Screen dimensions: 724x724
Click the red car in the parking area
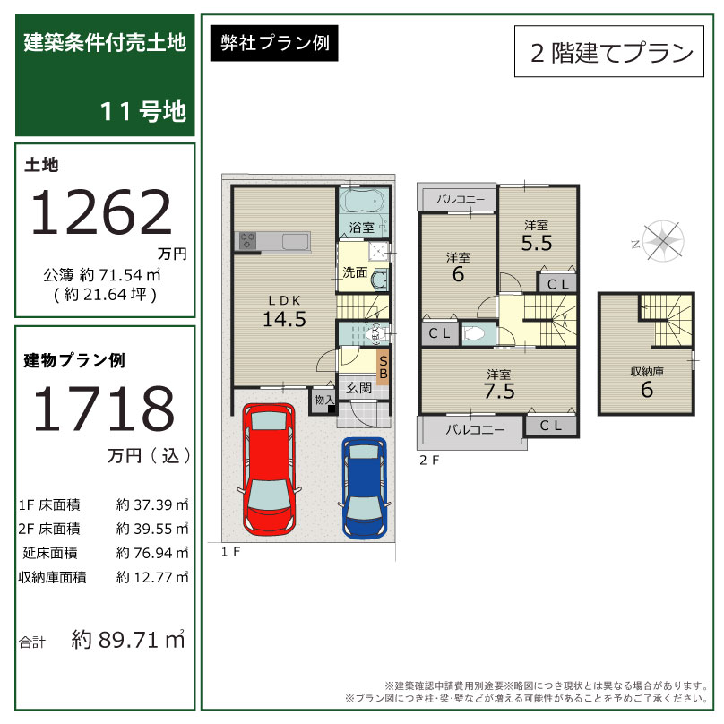click(x=268, y=470)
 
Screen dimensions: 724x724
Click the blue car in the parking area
click(x=365, y=488)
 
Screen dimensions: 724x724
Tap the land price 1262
click(x=101, y=212)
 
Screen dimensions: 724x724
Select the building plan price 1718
click(x=104, y=409)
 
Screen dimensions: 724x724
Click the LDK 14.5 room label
click(x=284, y=313)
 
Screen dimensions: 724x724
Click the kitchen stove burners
click(x=247, y=240)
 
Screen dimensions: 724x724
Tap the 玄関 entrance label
click(x=358, y=388)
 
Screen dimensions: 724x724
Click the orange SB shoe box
click(x=383, y=367)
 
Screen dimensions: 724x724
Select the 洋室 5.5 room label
click(x=537, y=236)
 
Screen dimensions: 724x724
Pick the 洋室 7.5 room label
click(x=499, y=384)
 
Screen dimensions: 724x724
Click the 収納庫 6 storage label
click(x=647, y=383)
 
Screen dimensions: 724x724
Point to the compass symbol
click(x=663, y=240)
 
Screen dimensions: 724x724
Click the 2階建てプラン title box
click(x=609, y=51)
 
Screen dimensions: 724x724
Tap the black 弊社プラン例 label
click(x=274, y=43)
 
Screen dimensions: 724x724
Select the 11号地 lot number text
click(x=143, y=111)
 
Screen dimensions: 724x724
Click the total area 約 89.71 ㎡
click(x=128, y=640)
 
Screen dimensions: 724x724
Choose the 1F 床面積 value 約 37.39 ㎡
click(x=152, y=504)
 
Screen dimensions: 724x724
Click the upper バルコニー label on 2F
click(x=461, y=199)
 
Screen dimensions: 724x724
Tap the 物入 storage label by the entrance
click(x=323, y=400)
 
